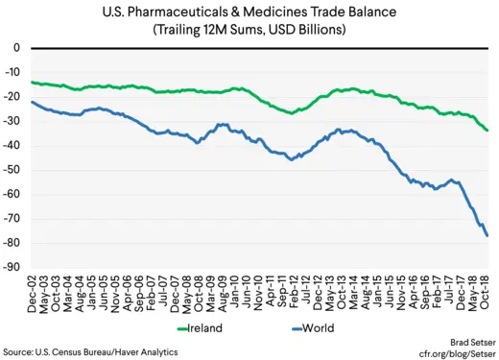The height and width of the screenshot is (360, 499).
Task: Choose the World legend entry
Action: coord(307,327)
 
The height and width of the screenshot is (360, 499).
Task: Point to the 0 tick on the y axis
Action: coord(16,48)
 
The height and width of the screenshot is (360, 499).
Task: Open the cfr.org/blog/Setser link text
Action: coord(450,352)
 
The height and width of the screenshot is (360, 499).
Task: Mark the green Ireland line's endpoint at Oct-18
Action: coord(487,131)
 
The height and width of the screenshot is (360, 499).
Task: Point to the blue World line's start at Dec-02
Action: coord(32,102)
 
